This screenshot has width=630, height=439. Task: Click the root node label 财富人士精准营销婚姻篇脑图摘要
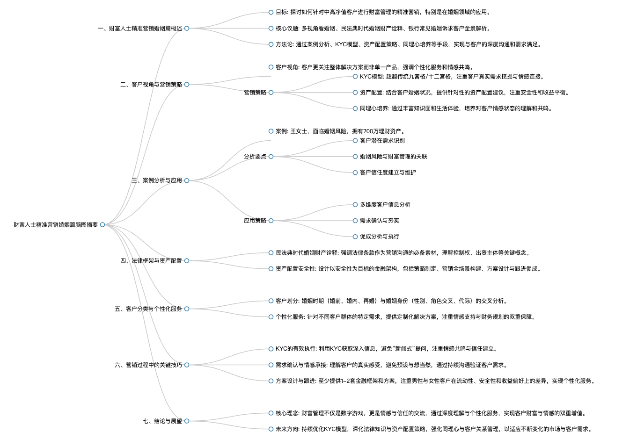(x=56, y=225)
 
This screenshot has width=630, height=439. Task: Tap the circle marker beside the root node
(x=103, y=225)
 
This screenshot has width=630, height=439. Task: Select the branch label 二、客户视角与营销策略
(x=151, y=85)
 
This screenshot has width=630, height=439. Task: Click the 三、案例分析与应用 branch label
(x=156, y=180)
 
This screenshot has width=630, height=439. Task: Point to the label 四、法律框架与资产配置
(x=151, y=261)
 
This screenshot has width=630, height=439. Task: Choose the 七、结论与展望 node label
(x=162, y=421)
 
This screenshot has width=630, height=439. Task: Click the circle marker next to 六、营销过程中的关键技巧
(x=187, y=365)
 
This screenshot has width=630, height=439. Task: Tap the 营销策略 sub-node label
(x=255, y=93)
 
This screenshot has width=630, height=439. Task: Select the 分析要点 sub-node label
(x=255, y=157)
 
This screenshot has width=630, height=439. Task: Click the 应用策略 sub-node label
(x=255, y=221)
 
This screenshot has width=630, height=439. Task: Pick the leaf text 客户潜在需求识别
(x=382, y=141)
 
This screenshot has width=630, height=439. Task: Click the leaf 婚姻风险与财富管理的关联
(x=393, y=157)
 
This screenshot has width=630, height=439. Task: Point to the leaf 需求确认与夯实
(x=379, y=221)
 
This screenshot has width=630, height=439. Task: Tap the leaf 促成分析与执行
(x=379, y=237)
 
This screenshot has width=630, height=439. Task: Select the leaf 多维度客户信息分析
(x=385, y=205)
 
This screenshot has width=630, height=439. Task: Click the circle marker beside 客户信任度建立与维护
(x=355, y=173)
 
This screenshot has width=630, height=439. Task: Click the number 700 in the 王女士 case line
(x=368, y=131)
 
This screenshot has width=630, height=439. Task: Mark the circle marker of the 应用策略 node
(x=271, y=221)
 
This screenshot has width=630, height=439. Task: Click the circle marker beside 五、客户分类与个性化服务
(x=187, y=309)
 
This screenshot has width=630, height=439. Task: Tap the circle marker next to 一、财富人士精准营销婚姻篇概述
(x=187, y=29)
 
